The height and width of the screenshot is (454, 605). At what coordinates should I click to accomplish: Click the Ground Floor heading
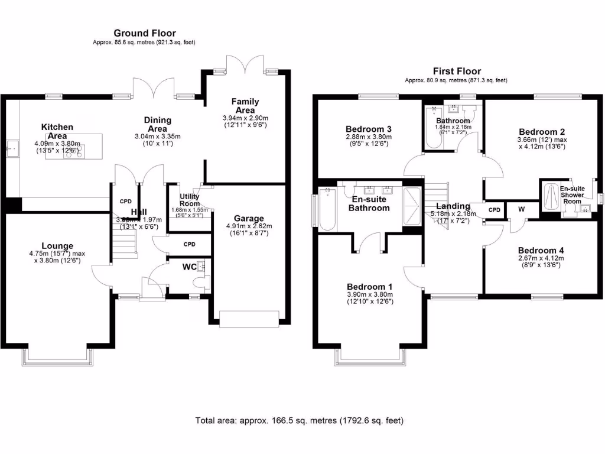[x=144, y=34]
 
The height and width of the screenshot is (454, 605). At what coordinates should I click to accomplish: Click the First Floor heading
[x=456, y=71]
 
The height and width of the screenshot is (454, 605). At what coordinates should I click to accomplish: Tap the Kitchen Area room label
[x=57, y=131]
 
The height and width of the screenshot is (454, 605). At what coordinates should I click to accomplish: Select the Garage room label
[x=249, y=218]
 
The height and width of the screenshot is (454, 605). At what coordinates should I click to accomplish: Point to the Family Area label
[x=245, y=106]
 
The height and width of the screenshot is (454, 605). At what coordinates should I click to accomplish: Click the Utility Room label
[x=190, y=200]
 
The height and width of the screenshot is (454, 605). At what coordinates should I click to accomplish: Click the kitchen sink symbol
[x=12, y=150]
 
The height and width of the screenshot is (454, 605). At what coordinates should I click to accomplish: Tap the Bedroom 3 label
[x=368, y=129]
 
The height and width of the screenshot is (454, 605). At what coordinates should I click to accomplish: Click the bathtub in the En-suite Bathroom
[x=327, y=209]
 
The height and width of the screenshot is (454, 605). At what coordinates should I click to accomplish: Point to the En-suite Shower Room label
[x=572, y=195]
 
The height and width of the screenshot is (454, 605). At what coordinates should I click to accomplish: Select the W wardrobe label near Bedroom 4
[x=522, y=209]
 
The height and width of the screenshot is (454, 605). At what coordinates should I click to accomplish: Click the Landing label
[x=453, y=206]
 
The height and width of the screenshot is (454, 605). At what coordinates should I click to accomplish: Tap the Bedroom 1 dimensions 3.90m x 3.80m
[x=369, y=294]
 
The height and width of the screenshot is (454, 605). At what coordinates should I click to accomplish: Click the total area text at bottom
[x=299, y=421]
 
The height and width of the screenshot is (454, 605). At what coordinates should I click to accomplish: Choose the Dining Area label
[x=158, y=124]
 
